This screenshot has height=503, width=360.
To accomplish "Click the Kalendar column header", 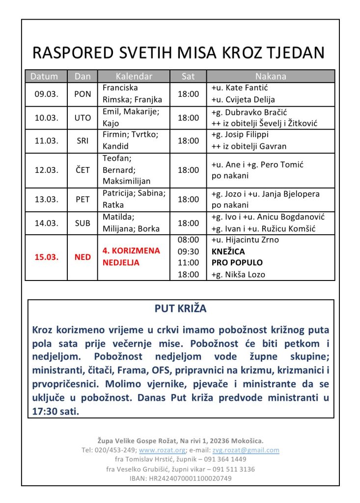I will click(x=134, y=77).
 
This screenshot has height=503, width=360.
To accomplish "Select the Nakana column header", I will click(x=271, y=77).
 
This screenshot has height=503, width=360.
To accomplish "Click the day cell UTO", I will click(x=83, y=118).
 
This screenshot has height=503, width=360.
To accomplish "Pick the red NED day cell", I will click(x=83, y=257).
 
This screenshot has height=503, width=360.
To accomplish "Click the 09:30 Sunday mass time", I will click(x=188, y=251).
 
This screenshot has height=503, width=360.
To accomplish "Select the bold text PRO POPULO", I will click(x=237, y=263).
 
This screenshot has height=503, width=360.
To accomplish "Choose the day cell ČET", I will click(x=83, y=170).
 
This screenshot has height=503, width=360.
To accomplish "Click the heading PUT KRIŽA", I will click(x=180, y=309).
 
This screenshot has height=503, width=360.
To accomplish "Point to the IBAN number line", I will click(x=180, y=478).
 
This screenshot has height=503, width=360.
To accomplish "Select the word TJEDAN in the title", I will click(x=297, y=53).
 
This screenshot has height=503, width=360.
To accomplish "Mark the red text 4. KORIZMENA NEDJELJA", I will click(x=131, y=256).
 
